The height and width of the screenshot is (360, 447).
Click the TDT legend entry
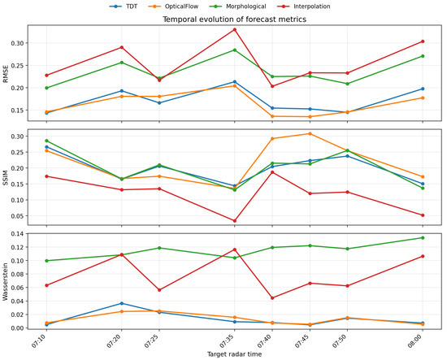[124, 7]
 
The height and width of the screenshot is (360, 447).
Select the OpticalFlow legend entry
[174, 7]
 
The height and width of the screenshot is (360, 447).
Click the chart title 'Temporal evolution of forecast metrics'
[234, 20]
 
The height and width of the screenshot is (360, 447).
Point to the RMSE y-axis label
[6, 73]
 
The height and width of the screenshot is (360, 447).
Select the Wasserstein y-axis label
[6, 280]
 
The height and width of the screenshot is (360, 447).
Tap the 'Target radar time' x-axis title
[234, 354]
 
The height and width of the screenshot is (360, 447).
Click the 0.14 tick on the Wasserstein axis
[18, 234]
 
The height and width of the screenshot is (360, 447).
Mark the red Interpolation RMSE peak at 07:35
[235, 29]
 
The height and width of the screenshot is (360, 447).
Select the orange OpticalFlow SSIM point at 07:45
[310, 134]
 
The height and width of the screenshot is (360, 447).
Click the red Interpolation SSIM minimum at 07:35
[235, 220]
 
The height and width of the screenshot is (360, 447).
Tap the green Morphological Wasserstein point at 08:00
[423, 238]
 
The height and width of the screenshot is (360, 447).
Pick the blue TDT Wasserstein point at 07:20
[122, 303]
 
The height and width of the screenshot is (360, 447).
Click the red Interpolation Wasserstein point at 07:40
[272, 298]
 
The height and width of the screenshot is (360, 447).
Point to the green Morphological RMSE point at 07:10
[46, 88]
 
